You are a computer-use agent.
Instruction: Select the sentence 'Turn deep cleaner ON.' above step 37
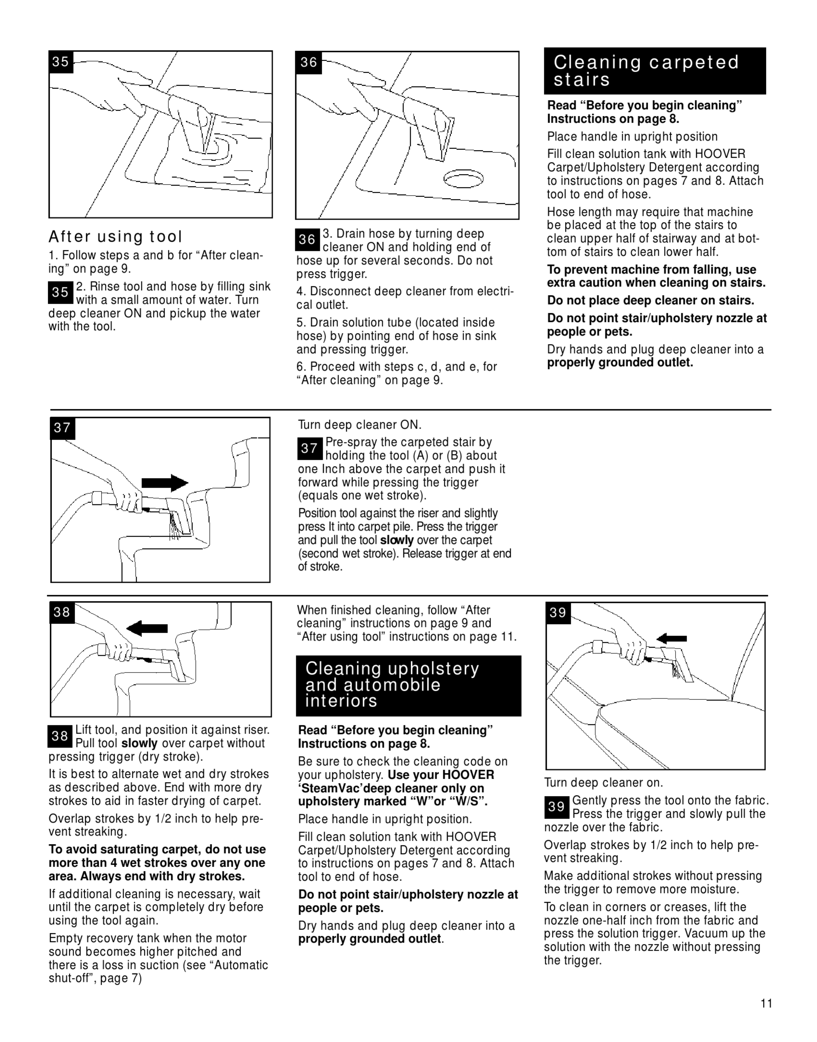[x=360, y=425]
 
